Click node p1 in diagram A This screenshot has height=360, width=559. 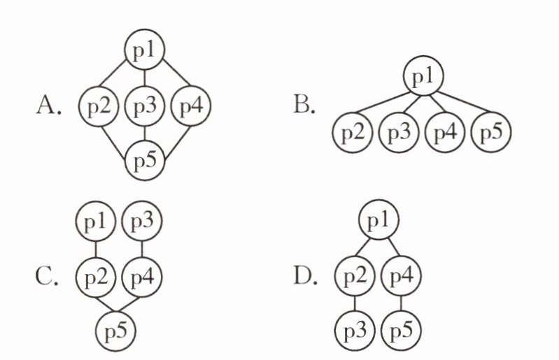tap(144, 50)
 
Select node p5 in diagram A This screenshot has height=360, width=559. tap(144, 163)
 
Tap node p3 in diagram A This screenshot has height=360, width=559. tap(144, 107)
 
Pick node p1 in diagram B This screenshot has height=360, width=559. tap(422, 78)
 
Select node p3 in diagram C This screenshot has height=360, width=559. tap(142, 223)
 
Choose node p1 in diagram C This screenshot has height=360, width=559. tap(96, 223)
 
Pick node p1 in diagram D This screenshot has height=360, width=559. tap(378, 223)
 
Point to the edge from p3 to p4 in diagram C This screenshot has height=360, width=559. tap(142, 248)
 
